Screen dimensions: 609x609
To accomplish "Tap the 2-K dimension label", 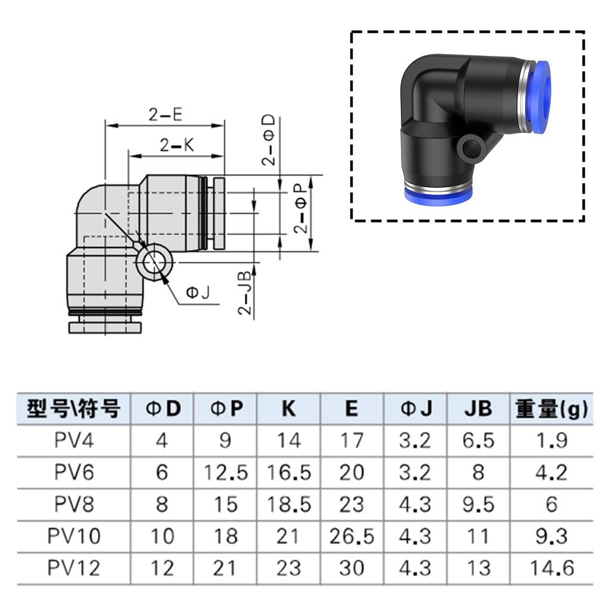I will coord(177,145).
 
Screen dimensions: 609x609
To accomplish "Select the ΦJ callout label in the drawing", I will coord(198,292).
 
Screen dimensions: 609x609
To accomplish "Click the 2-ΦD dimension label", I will coord(269,140).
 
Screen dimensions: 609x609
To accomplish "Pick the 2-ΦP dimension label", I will coord(302,208).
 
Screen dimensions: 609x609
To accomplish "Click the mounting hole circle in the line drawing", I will coord(154,260).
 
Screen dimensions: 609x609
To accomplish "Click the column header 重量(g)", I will coord(551,409).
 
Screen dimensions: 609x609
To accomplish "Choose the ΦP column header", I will coord(225,409).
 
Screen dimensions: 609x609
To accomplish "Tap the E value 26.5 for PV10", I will coord(351,536).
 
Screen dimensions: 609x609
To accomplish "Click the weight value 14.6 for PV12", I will coord(551,568).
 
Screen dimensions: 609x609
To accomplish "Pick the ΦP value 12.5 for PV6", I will coord(225,473).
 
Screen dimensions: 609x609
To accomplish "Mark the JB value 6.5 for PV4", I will coord(478,441).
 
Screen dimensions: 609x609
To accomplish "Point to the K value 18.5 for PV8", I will coord(288,504).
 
